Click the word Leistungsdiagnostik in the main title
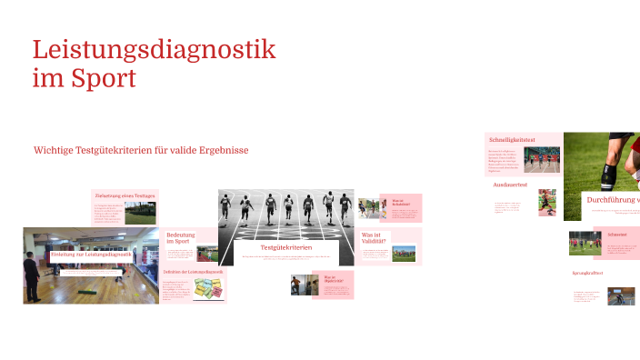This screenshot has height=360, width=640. [154, 49]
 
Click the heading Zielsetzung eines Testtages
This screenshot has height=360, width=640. [125, 195]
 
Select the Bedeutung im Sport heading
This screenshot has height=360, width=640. [179, 238]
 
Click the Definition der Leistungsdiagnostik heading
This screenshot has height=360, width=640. [193, 272]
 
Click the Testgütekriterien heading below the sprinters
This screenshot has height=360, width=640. [286, 247]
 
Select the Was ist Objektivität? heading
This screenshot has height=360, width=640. [333, 279]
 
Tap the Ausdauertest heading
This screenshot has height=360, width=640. [509, 185]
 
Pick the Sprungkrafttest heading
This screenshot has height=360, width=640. [588, 273]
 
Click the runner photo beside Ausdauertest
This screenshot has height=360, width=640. [547, 202]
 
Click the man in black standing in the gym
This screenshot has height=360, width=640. [33, 273]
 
